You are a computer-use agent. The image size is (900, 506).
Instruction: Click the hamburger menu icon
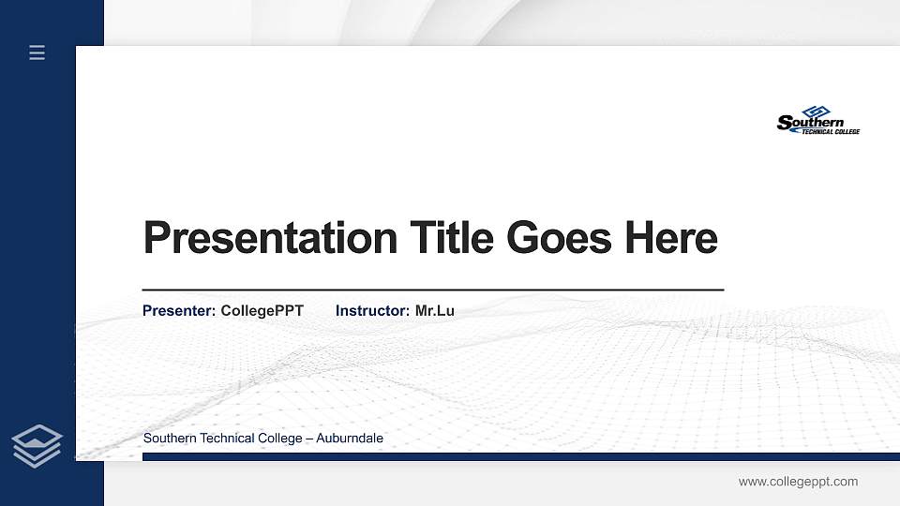(37, 52)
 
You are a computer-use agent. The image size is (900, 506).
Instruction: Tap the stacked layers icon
(37, 445)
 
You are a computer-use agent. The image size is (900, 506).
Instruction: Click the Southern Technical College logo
(817, 121)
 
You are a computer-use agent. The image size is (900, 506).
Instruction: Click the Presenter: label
(179, 310)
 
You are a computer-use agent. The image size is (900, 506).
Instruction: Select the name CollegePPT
(262, 310)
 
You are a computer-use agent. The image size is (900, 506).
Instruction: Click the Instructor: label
(373, 310)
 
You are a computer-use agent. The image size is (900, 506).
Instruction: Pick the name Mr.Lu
(435, 310)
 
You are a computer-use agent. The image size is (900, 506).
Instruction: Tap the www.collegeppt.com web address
(798, 482)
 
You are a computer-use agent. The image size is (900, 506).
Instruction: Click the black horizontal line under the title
(432, 290)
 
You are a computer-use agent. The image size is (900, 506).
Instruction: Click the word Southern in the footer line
(169, 439)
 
